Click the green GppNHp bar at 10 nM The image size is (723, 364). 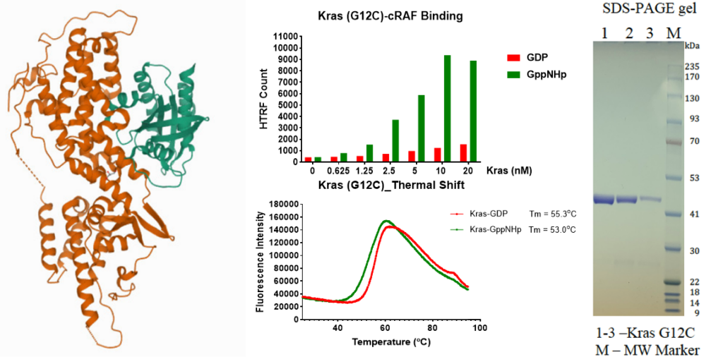tap(447, 108)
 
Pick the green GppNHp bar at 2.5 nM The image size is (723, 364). tap(395, 140)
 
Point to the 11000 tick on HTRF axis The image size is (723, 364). tap(287, 35)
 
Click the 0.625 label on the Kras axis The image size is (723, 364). tap(339, 171)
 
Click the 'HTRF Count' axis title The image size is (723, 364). tap(265, 99)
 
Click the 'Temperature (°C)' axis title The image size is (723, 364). tap(390, 342)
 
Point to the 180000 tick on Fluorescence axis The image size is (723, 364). tap(279, 204)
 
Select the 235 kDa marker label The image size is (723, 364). tap(692, 66)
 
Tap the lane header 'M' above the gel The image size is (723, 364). tap(673, 32)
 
